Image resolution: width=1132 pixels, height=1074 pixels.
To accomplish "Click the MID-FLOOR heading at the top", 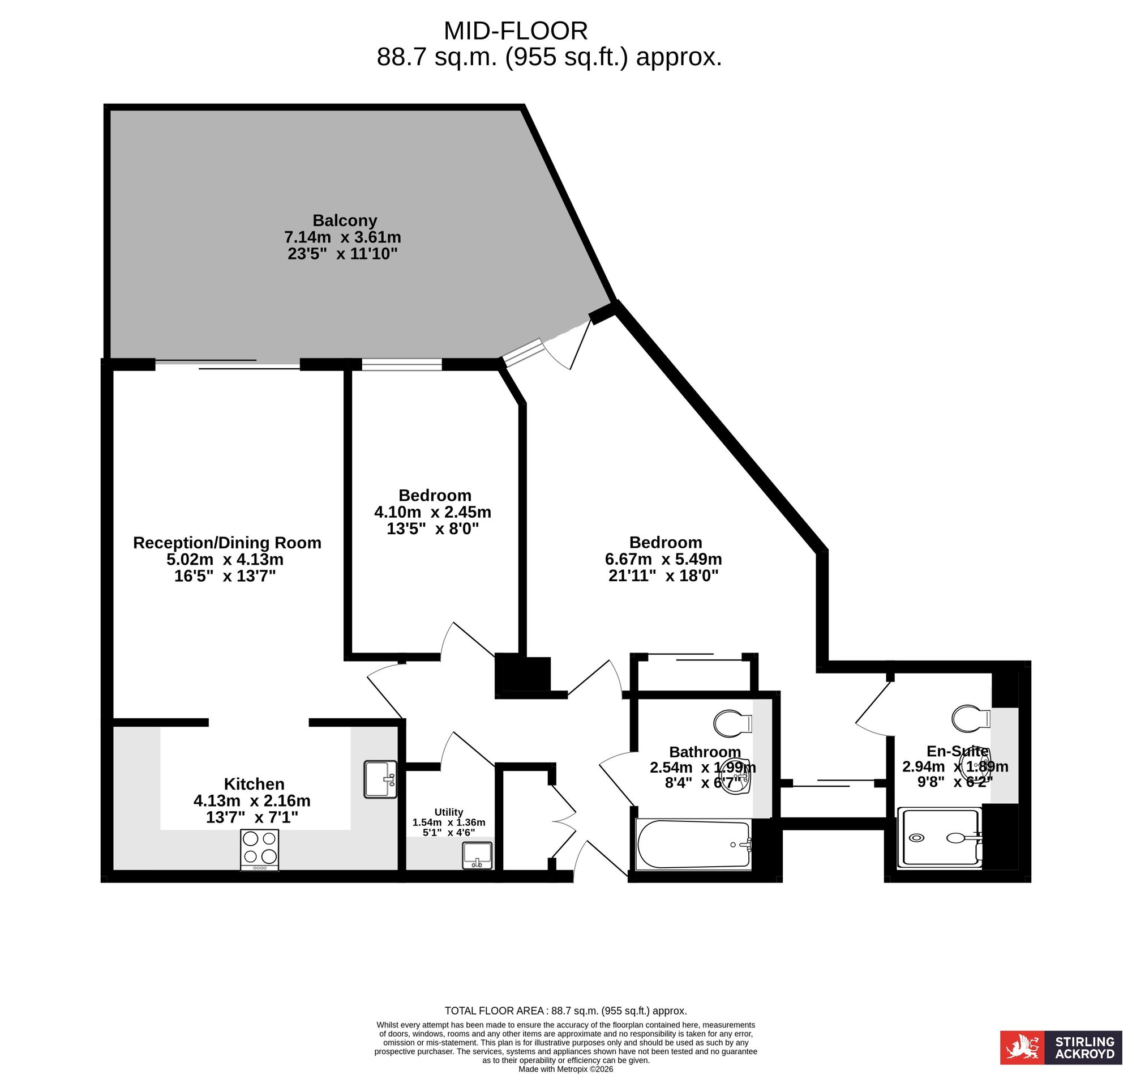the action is point(516,31).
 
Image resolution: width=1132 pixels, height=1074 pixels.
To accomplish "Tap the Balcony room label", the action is point(344,220).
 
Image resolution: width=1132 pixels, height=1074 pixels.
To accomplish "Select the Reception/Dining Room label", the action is point(227,543).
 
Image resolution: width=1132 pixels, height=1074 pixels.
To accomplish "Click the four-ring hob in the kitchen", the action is point(259,850).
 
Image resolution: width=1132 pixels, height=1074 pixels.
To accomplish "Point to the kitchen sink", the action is point(380,779).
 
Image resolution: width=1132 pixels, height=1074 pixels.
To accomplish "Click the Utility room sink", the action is point(477,855).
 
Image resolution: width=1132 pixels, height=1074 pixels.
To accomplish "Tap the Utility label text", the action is point(448,812).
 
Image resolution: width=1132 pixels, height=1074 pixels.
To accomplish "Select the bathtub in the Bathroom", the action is point(693,845).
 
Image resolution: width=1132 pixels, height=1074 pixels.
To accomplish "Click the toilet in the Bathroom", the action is point(733,723).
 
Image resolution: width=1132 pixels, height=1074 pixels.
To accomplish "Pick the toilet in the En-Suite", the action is point(971,718).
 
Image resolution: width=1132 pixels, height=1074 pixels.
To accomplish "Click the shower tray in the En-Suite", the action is point(939,837).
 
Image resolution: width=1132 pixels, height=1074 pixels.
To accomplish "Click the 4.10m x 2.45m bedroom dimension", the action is point(432,512).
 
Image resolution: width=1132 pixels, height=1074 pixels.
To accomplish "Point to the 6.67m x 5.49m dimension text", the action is point(663,559).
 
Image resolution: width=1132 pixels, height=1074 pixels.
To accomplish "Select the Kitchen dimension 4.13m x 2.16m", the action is point(252,800).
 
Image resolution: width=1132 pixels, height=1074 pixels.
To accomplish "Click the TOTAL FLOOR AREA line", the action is point(565,1011).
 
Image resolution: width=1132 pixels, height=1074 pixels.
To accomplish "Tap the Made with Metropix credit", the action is point(565,1069).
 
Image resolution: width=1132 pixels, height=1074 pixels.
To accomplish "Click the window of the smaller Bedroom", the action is point(401,364).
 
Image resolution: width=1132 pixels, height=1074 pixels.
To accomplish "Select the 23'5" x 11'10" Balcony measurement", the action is point(342,254).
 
